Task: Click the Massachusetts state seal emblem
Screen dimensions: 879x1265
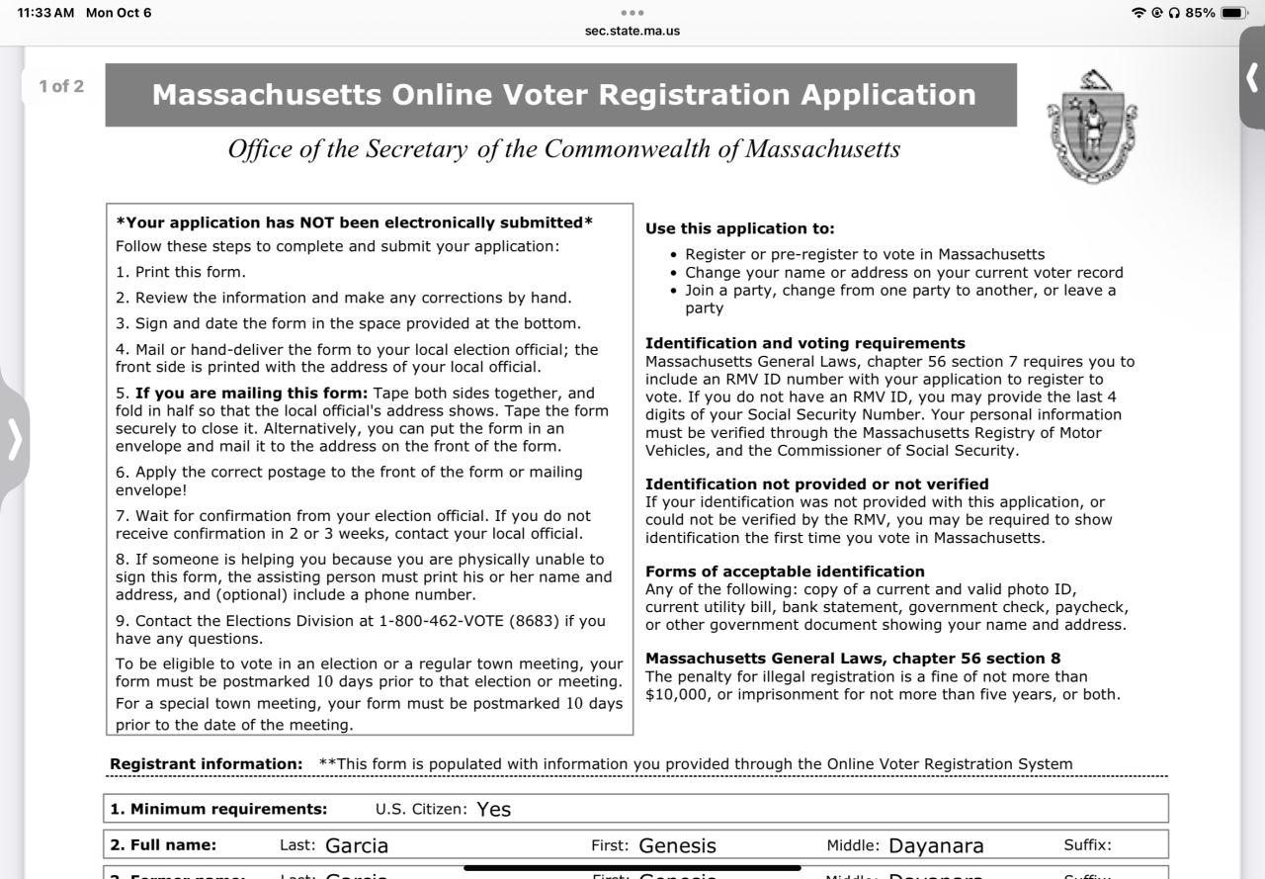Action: click(x=1091, y=126)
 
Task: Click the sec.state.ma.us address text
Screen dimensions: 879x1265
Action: click(x=632, y=31)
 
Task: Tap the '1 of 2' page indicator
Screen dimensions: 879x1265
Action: click(x=61, y=86)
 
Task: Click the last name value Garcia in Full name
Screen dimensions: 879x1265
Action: click(x=357, y=845)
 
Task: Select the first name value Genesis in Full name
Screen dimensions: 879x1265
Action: click(x=677, y=845)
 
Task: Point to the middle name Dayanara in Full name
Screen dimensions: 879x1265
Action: click(x=936, y=845)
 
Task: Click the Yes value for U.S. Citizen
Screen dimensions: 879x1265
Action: click(x=493, y=809)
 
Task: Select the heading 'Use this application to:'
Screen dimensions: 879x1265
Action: click(x=740, y=228)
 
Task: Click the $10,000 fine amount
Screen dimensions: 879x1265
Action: click(x=682, y=694)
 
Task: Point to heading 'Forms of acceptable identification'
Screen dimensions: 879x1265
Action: click(x=785, y=571)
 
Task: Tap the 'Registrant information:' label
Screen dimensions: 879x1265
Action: click(x=206, y=763)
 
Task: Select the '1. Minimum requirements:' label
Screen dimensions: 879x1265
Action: click(x=218, y=809)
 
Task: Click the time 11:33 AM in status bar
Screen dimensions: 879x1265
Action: click(x=47, y=13)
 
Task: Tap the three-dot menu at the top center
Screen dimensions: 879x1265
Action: click(x=632, y=13)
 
